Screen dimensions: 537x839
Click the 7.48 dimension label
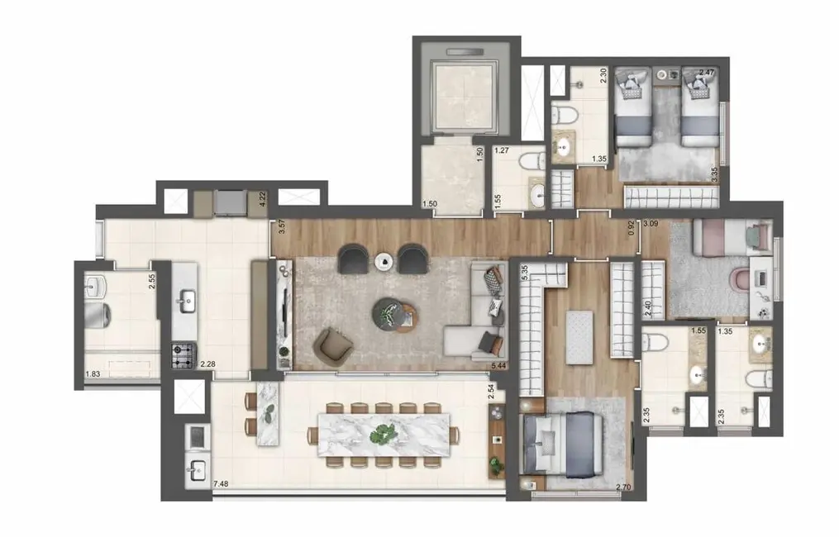[x=221, y=484]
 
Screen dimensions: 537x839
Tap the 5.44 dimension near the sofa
[x=498, y=365]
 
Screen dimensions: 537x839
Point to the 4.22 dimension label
[x=262, y=199]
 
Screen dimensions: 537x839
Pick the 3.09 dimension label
[x=651, y=223]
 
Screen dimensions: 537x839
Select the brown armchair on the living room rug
[x=334, y=346]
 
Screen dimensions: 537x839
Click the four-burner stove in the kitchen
[x=183, y=356]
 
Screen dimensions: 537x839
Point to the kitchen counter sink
[x=185, y=300]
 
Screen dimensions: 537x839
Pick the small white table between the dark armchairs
[x=384, y=261]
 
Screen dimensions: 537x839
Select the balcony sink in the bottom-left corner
[x=196, y=471]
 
